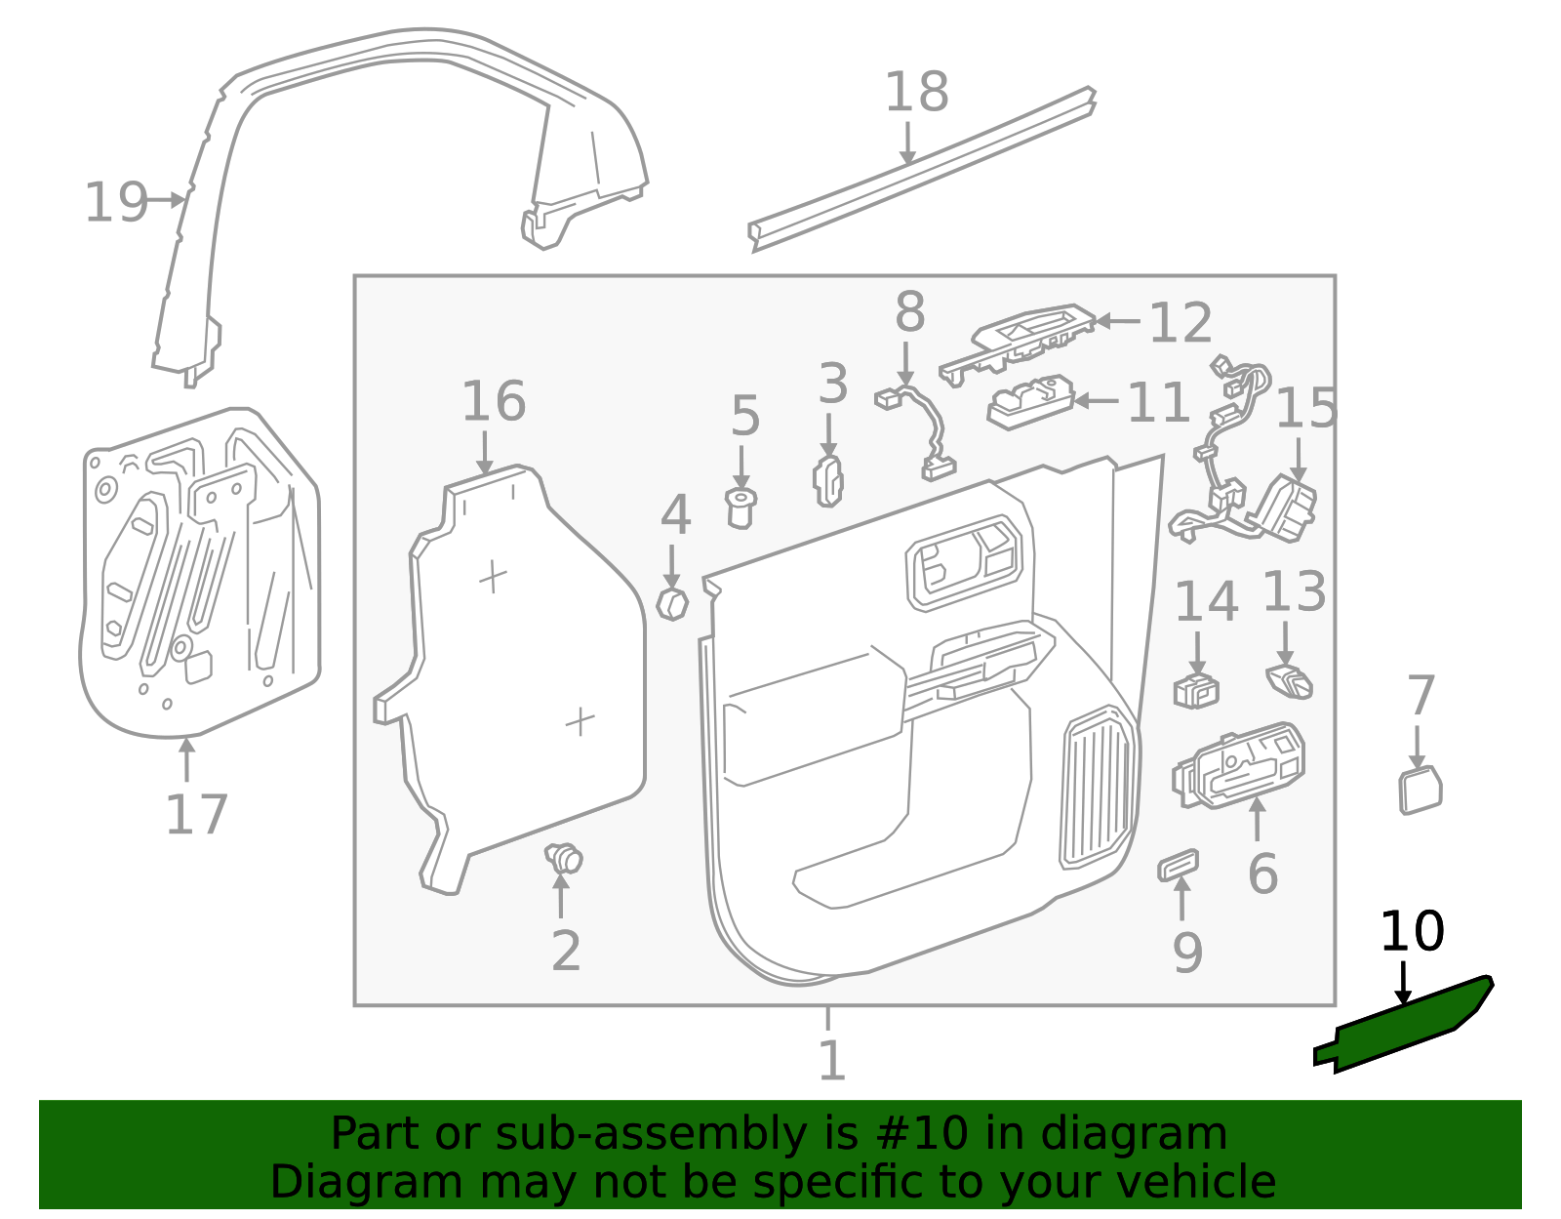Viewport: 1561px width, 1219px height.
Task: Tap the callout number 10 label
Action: [1411, 932]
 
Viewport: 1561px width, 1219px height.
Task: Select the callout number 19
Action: [116, 203]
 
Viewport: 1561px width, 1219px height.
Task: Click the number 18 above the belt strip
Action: [916, 93]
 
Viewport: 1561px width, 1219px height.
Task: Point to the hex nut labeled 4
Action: [673, 604]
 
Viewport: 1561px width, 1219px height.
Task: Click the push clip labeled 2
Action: [564, 859]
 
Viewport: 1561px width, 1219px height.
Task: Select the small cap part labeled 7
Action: [1420, 790]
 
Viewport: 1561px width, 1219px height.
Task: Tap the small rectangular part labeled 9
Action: [1178, 865]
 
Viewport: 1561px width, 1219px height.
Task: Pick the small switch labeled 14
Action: [1196, 690]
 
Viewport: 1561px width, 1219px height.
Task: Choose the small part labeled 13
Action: [1290, 680]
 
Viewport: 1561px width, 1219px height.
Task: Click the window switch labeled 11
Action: [1030, 402]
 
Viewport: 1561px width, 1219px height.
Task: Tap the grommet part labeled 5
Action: [740, 508]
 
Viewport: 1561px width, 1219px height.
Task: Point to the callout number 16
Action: [493, 401]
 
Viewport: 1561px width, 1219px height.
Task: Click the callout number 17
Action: [196, 815]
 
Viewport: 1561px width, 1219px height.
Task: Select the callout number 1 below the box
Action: [830, 1060]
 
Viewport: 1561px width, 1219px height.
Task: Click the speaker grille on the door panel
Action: [1099, 787]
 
